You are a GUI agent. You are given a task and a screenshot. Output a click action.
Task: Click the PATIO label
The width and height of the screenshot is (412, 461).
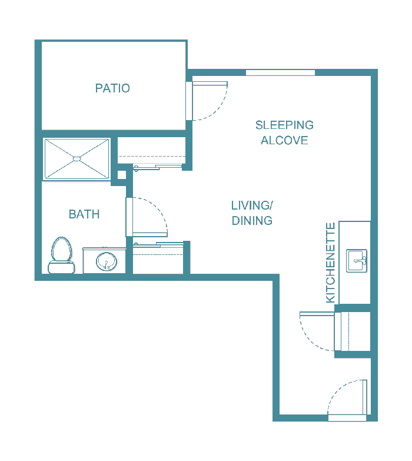coord(112,88)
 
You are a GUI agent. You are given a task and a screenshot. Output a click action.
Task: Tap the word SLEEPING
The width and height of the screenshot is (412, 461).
coord(284,125)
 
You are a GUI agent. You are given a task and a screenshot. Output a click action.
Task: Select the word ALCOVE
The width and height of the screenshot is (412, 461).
coord(284,140)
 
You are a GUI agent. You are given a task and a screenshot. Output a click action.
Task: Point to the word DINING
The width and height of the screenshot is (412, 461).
coord(252,221)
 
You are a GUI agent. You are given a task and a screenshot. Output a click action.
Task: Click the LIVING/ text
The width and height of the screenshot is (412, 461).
coord(252,205)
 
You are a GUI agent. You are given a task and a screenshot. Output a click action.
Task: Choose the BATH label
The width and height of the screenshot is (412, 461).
coord(84,214)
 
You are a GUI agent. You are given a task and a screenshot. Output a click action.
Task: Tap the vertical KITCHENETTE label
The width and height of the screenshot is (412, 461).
coord(330,262)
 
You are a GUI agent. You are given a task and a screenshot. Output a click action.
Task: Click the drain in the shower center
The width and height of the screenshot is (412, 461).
coord(77,158)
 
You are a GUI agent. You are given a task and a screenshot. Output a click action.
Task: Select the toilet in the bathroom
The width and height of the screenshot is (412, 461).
coord(61,257)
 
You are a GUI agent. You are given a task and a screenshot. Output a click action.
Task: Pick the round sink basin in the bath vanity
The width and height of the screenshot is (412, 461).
coord(107,260)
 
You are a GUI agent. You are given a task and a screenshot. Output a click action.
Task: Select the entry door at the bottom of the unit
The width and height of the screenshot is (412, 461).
coord(347,400)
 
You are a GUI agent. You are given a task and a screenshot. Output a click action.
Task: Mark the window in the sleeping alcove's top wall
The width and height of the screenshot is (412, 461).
coord(280,73)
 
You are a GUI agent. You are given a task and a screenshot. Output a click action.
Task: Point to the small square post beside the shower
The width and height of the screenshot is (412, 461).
coord(122,175)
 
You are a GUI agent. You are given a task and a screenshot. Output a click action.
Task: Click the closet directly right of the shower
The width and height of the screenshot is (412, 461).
coord(152,150)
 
